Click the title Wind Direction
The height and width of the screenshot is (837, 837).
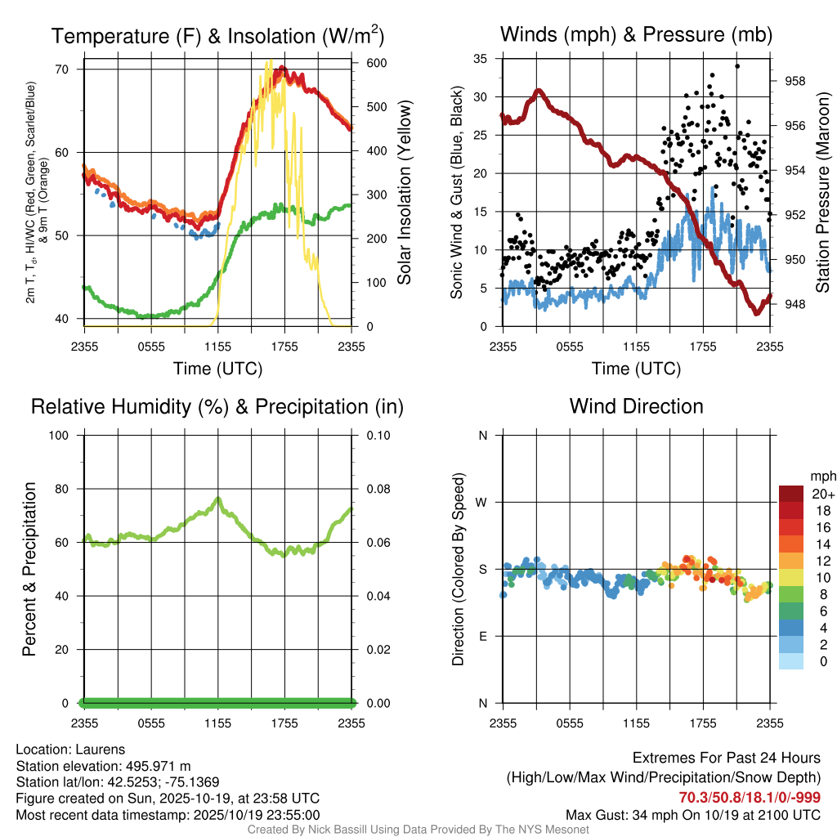(636, 406)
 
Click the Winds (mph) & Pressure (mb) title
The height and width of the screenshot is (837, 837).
(636, 35)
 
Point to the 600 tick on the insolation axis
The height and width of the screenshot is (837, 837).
(375, 63)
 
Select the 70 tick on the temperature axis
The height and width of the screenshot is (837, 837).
(62, 69)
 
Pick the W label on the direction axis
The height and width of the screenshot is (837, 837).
(482, 502)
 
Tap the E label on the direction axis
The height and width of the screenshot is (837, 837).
(482, 636)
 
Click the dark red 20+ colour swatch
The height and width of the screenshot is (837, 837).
(791, 494)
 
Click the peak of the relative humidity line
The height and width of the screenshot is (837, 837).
(217, 498)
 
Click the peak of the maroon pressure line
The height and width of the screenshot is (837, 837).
(538, 91)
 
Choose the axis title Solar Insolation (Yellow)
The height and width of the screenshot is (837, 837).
(404, 193)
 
